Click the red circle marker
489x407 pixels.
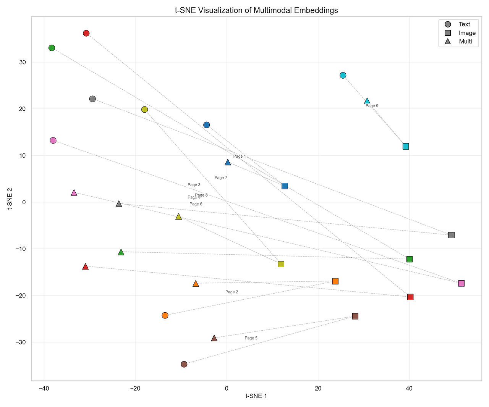[x=86, y=33]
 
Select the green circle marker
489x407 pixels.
[x=52, y=48]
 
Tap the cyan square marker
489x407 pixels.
[x=406, y=146]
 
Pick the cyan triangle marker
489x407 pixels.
[x=367, y=101]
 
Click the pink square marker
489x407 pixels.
[x=461, y=283]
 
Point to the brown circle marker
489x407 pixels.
[x=184, y=364]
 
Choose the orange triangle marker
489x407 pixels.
[x=196, y=284]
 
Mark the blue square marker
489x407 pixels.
[x=285, y=186]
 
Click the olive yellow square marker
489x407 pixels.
[x=281, y=264]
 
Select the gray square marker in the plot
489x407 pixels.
[x=451, y=235]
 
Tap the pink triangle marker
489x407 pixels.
[x=74, y=193]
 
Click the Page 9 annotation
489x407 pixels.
[x=372, y=106]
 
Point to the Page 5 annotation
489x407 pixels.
[x=251, y=338]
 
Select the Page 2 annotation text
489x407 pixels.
[x=232, y=292]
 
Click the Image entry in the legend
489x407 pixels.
[x=467, y=33]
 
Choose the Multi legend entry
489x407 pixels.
[x=465, y=42]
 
